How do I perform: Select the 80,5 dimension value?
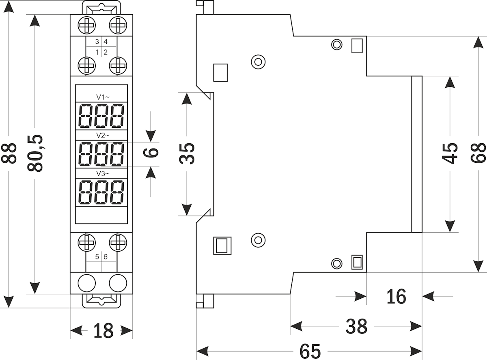(x=37, y=153)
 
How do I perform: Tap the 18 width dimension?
(x=103, y=331)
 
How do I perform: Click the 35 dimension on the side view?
(x=187, y=153)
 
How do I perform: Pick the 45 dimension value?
(x=450, y=153)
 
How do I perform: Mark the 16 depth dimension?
(x=396, y=297)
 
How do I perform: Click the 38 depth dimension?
(x=356, y=326)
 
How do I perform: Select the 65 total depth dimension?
(x=310, y=351)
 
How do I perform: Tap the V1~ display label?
(x=103, y=97)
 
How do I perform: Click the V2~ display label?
(x=103, y=135)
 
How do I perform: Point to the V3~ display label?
(x=103, y=174)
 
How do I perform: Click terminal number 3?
(x=97, y=42)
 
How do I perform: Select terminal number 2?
(x=106, y=52)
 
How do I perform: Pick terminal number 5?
(x=97, y=257)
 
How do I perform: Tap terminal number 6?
(x=106, y=257)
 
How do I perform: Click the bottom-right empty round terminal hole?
(x=118, y=283)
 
